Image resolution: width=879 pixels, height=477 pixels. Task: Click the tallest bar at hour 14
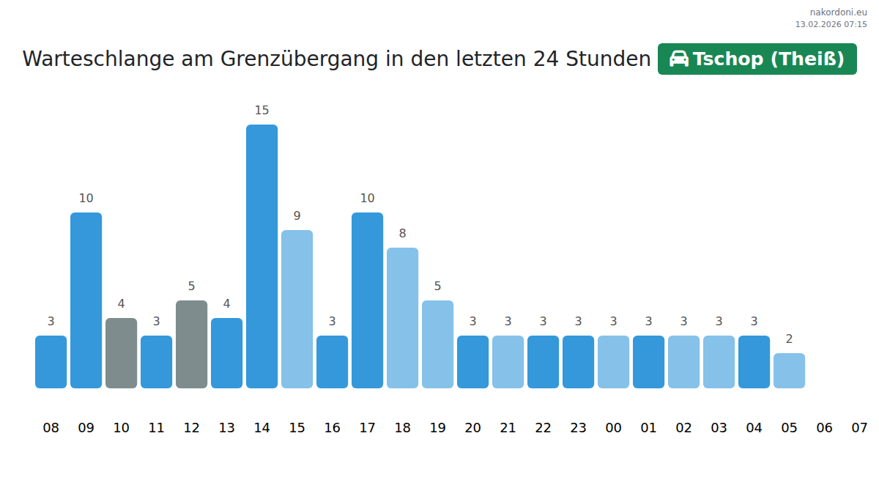262,256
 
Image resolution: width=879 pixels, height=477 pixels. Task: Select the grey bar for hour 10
121,352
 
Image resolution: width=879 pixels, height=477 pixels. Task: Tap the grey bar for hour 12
191,344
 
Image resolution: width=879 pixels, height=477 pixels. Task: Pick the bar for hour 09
86,300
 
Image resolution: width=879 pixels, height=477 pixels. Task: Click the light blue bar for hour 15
297,308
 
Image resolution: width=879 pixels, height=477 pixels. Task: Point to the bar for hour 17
367,300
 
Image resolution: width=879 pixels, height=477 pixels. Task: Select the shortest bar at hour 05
789,370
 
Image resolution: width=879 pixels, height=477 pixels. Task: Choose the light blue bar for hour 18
402,317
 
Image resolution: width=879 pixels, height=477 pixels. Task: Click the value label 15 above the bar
262,111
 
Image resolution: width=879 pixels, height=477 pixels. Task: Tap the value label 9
297,216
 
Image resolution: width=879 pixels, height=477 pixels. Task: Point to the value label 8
402,234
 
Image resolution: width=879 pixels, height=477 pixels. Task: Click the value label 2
789,339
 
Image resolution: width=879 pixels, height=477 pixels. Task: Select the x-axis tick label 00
613,428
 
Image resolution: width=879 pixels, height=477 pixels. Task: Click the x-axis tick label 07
859,428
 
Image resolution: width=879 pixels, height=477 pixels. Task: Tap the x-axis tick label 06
824,428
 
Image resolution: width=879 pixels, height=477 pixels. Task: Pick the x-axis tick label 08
51,428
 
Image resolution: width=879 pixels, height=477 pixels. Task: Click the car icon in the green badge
679,59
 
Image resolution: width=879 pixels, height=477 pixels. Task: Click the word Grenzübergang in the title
300,59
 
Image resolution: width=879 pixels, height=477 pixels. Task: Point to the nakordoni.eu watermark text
838,12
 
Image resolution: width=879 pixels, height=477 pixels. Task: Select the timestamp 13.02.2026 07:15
831,24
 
